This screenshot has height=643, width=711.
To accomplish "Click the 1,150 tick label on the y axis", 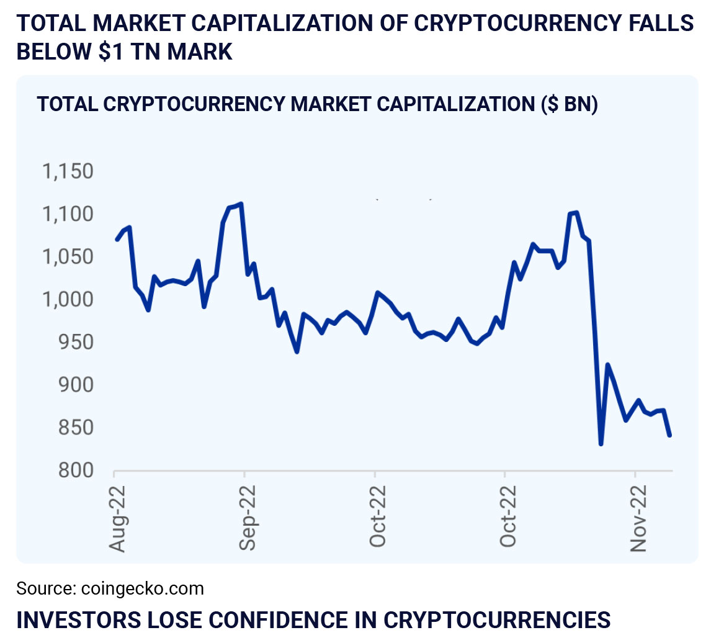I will click(x=68, y=172).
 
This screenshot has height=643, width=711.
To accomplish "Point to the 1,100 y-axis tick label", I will click(x=68, y=215).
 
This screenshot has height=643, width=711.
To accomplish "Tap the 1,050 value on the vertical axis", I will click(x=68, y=258).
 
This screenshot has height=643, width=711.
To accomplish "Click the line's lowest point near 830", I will click(x=601, y=444).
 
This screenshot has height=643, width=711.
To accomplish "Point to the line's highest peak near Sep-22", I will click(x=241, y=204).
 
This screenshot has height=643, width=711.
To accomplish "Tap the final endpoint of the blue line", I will click(x=670, y=435).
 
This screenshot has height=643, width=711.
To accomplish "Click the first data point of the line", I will click(x=117, y=240).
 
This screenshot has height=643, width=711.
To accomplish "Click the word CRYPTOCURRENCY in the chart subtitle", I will click(x=193, y=104).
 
